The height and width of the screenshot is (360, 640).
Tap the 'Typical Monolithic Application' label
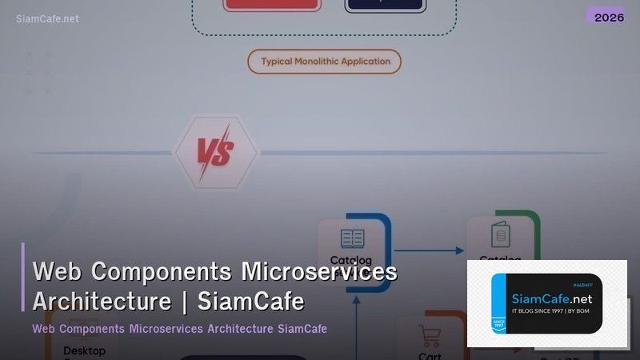tap(325, 62)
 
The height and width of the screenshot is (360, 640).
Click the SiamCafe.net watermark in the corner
tap(47, 18)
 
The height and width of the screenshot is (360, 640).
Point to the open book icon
tap(352, 238)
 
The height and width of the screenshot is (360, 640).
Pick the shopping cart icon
tap(430, 335)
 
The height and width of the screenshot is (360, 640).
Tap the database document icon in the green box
tap(501, 234)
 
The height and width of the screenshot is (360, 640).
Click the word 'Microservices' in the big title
tap(319, 272)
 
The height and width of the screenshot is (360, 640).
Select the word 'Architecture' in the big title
tap(102, 302)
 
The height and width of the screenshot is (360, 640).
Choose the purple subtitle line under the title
tap(179, 329)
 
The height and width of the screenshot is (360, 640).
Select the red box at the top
tap(273, 4)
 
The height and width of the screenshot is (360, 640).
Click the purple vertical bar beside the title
tap(23, 277)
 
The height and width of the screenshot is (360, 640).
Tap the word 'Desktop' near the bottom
tap(84, 351)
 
